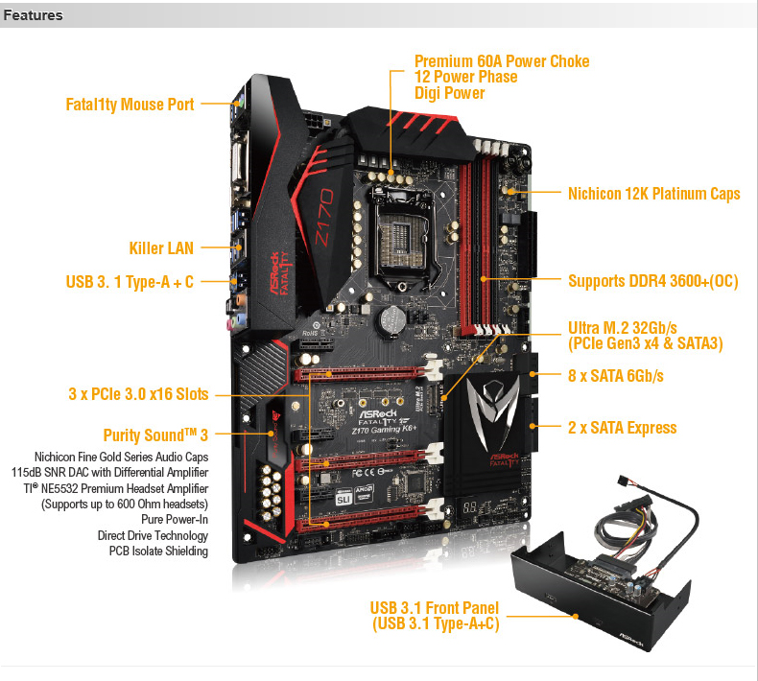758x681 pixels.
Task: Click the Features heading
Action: click(33, 15)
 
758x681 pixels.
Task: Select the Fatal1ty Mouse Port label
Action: click(130, 105)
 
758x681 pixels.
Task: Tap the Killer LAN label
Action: click(161, 248)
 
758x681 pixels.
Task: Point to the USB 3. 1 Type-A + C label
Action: click(130, 282)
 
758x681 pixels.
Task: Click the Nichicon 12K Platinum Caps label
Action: click(654, 194)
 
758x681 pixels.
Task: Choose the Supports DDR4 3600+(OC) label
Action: click(653, 281)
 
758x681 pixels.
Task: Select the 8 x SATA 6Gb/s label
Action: click(616, 376)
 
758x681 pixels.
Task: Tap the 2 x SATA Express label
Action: click(622, 428)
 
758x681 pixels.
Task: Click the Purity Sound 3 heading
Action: click(155, 435)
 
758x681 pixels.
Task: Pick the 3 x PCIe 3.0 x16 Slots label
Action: click(139, 394)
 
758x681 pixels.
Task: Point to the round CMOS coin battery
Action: click(391, 318)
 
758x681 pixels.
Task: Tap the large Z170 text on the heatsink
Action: click(324, 217)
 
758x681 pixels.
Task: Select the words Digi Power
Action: click(450, 93)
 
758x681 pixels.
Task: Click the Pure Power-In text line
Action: click(175, 520)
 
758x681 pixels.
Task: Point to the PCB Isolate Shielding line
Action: click(158, 551)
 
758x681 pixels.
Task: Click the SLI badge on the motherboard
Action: click(343, 499)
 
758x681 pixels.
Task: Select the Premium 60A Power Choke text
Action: click(502, 61)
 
